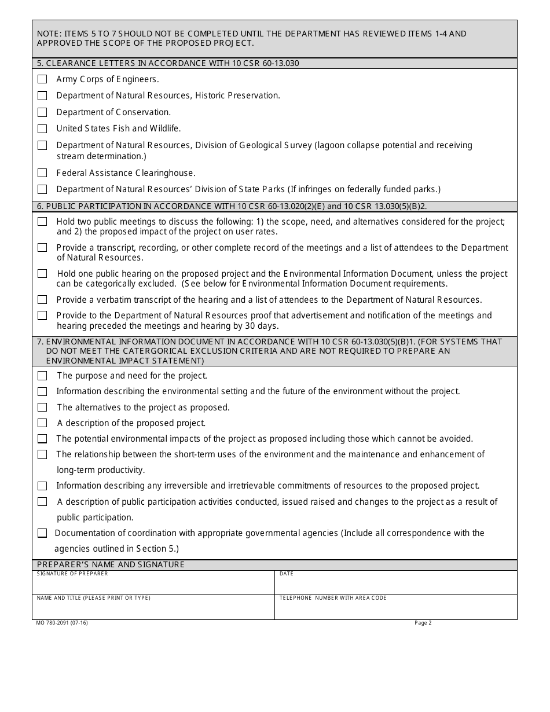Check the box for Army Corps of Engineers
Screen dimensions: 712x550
click(42, 79)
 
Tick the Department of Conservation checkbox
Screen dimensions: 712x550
click(42, 112)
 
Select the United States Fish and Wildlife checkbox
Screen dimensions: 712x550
click(42, 129)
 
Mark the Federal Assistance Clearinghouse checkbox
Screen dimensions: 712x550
click(42, 173)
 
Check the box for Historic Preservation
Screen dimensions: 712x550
click(42, 96)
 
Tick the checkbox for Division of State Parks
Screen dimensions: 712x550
click(42, 189)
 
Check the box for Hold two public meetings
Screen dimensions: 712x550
click(42, 222)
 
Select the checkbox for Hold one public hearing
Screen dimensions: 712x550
click(42, 274)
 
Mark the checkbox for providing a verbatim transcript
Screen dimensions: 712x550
click(42, 300)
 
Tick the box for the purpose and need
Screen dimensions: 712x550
click(42, 376)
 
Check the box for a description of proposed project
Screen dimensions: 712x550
click(42, 423)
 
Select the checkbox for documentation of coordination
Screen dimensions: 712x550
click(42, 533)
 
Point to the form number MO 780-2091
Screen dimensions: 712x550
click(62, 623)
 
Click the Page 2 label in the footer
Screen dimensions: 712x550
click(423, 623)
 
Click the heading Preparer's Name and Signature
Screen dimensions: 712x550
click(111, 564)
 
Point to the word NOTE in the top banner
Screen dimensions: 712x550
click(49, 34)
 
